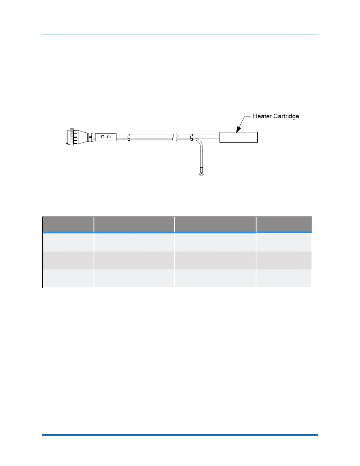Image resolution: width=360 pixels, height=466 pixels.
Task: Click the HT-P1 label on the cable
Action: pos(106,137)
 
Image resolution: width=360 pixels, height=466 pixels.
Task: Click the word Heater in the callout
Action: pos(262,116)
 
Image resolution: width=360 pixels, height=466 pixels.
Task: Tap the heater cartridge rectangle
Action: pos(239,137)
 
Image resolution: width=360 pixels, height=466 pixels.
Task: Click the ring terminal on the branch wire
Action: pos(201,174)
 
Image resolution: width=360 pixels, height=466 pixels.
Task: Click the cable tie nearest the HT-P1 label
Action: pos(129,137)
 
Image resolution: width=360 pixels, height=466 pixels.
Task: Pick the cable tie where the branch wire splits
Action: pos(192,137)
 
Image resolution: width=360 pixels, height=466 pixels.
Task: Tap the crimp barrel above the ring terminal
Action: pos(201,169)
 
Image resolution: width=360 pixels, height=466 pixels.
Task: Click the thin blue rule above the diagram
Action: pos(180,34)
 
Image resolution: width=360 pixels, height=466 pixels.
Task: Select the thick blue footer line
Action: pos(180,435)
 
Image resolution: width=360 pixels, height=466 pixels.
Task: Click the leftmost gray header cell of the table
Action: pos(68,224)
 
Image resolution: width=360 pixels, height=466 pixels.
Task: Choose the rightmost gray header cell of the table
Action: pos(284,224)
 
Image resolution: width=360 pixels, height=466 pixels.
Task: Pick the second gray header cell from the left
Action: pos(134,224)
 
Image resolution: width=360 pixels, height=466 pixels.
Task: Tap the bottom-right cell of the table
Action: pos(284,279)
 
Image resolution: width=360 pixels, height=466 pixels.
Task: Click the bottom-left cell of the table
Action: pos(68,279)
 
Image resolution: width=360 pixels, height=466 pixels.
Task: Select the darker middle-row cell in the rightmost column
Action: pos(284,260)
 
